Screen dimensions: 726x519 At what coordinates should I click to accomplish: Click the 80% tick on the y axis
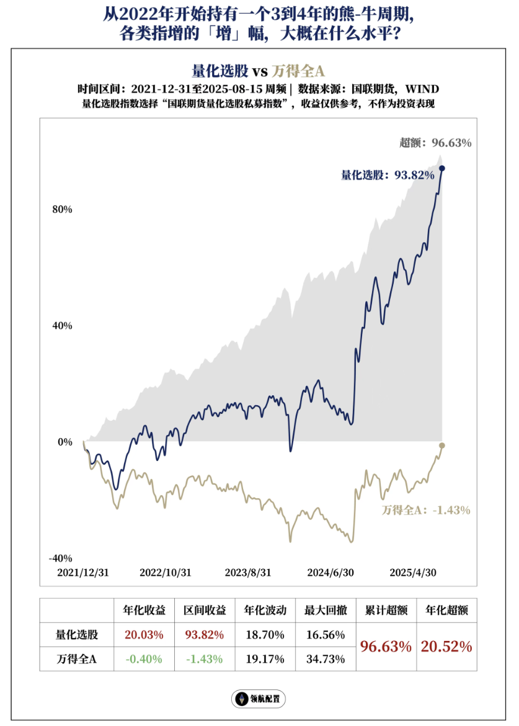62,210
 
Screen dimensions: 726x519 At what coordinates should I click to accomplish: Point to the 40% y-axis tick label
62,326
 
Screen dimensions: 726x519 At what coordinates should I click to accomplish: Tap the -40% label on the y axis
60,558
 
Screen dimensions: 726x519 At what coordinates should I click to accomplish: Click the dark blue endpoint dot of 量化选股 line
442,168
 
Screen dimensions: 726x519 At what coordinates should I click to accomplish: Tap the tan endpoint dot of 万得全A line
442,446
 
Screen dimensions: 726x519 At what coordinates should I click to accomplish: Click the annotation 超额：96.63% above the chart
435,143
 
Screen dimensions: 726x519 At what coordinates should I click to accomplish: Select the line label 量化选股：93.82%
387,176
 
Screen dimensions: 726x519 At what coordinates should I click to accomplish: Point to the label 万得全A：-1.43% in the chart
426,510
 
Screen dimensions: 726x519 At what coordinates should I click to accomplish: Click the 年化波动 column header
265,611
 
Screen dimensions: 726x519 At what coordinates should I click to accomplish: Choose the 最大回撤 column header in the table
325,611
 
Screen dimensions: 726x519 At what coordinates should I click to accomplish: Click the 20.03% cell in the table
144,635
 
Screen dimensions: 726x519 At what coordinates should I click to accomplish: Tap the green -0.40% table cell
144,659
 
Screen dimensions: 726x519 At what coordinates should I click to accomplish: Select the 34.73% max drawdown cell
325,659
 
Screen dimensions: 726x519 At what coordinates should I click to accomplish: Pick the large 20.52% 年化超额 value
446,647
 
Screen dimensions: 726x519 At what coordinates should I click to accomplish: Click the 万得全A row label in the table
76,659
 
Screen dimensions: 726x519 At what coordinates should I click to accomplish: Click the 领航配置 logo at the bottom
259,699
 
